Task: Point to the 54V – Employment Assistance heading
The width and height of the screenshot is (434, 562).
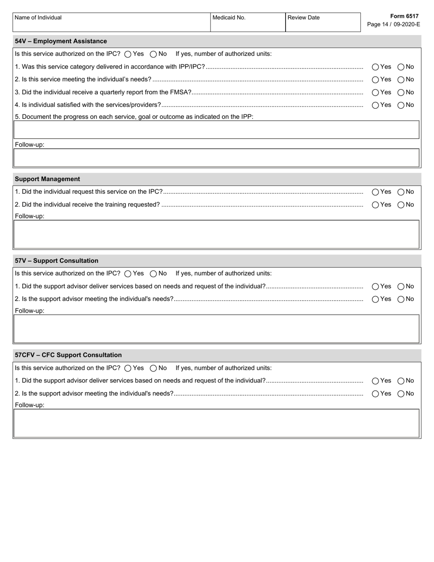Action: pyautogui.click(x=61, y=41)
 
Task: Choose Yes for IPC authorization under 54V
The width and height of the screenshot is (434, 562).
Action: pyautogui.click(x=128, y=54)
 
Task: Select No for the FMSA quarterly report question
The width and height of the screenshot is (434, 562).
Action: pyautogui.click(x=401, y=92)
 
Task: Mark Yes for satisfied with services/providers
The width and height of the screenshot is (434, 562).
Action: pyautogui.click(x=376, y=105)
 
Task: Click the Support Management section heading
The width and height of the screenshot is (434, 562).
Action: pyautogui.click(x=47, y=179)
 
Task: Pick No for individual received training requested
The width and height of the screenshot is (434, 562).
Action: pyautogui.click(x=401, y=205)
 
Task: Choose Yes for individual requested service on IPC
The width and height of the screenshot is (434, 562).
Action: pyautogui.click(x=376, y=192)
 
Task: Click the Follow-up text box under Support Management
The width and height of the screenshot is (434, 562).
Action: pyautogui.click(x=217, y=234)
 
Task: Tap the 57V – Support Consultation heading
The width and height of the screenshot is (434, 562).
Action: pyautogui.click(x=57, y=261)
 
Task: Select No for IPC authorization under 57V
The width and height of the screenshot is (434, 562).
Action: pyautogui.click(x=153, y=274)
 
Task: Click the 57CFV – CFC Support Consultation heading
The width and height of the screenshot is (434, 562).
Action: pyautogui.click(x=68, y=355)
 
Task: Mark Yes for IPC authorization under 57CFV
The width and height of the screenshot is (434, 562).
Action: pyautogui.click(x=128, y=368)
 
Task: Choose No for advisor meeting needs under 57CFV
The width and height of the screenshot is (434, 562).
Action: pyautogui.click(x=401, y=393)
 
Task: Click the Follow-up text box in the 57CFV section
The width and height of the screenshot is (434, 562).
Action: pyautogui.click(x=217, y=423)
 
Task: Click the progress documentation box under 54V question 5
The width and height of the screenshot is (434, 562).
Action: pyautogui.click(x=217, y=130)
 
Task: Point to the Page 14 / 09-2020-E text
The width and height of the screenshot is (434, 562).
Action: pyautogui.click(x=393, y=24)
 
